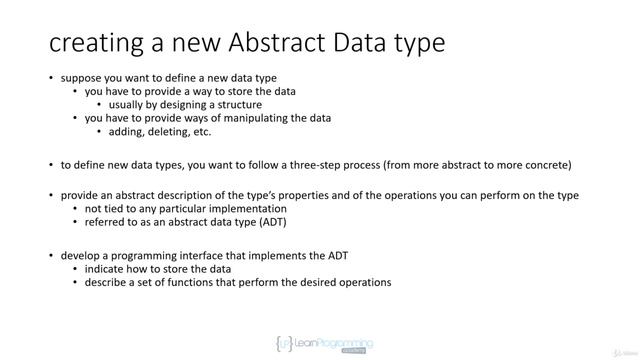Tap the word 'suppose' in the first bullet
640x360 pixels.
click(83, 78)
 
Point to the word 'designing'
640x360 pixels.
click(184, 104)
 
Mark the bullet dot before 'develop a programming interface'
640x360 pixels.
click(52, 256)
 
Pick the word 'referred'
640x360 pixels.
click(106, 222)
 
